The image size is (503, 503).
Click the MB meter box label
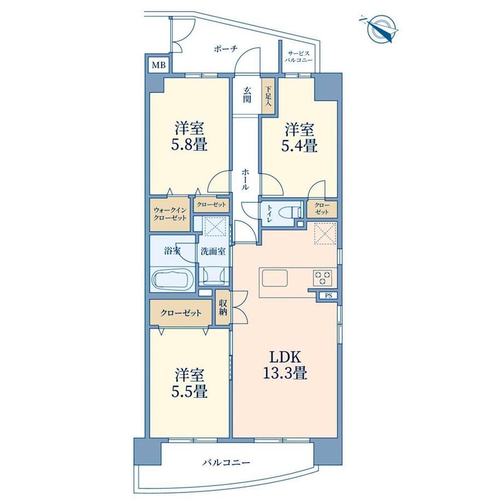(x=159, y=65)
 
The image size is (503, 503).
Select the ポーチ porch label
(x=225, y=49)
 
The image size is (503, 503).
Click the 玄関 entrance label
(x=247, y=95)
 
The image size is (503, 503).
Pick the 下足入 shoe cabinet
(x=268, y=96)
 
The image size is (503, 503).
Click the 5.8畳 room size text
(x=189, y=145)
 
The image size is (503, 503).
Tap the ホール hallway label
(x=245, y=180)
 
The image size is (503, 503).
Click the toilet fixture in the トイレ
(x=291, y=212)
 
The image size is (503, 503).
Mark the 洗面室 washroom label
(x=213, y=251)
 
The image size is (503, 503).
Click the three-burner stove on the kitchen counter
(x=323, y=278)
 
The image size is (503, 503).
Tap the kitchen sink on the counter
(x=274, y=278)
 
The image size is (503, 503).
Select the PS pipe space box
(x=328, y=296)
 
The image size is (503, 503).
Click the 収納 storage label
(x=223, y=307)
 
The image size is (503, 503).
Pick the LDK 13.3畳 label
(x=285, y=365)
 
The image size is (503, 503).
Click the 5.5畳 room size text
(x=189, y=391)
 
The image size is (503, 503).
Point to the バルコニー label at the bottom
(x=226, y=463)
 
